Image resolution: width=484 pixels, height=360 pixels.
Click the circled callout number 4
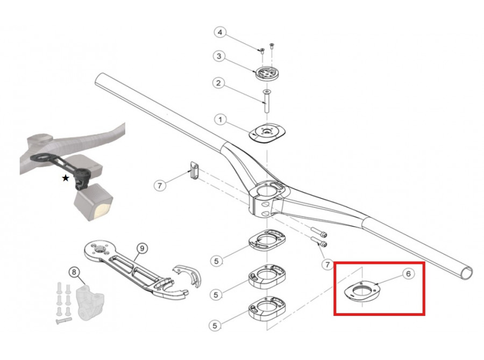(220, 33)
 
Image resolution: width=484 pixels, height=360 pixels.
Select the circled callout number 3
(219, 56)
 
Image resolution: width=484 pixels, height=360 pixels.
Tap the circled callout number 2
(218, 83)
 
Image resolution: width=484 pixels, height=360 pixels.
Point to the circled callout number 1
(220, 119)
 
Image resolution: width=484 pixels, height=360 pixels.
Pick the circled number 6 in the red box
(408, 273)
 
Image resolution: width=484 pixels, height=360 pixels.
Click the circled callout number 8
(74, 272)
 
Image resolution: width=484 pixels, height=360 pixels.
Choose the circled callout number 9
(141, 248)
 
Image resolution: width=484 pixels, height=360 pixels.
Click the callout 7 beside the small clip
(160, 185)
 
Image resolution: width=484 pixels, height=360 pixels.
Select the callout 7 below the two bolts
(327, 264)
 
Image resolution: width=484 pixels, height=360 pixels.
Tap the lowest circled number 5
(215, 326)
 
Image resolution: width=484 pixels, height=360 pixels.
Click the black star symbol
(66, 178)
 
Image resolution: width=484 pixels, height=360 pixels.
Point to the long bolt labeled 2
(266, 101)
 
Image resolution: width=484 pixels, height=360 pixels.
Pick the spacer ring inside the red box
(362, 290)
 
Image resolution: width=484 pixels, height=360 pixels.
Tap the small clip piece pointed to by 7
(194, 170)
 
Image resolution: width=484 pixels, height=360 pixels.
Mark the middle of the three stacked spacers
(267, 276)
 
